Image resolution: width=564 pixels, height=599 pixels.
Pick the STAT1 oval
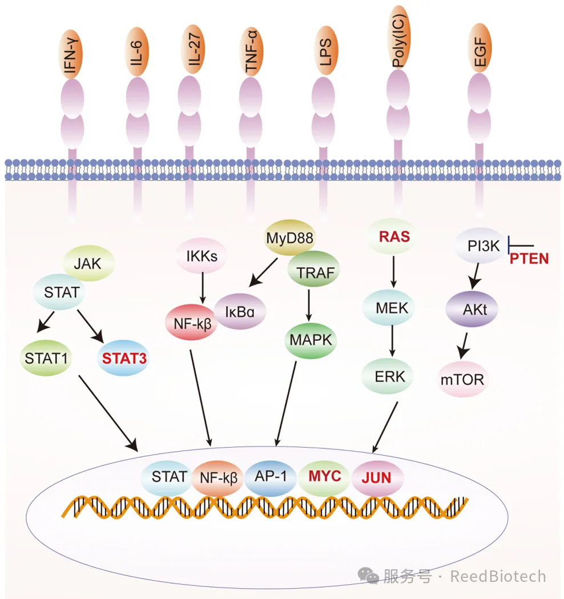click(46, 359)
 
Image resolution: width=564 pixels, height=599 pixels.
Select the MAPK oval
click(311, 341)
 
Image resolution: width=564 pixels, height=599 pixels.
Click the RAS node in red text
click(393, 236)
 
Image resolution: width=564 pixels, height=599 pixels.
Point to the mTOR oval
click(463, 378)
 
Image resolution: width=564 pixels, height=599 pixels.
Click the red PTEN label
click(529, 259)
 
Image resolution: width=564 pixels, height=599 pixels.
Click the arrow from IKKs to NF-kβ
click(202, 287)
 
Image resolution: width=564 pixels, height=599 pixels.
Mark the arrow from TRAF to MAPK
click(309, 307)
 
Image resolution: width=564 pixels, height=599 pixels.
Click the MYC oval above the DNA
click(325, 476)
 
